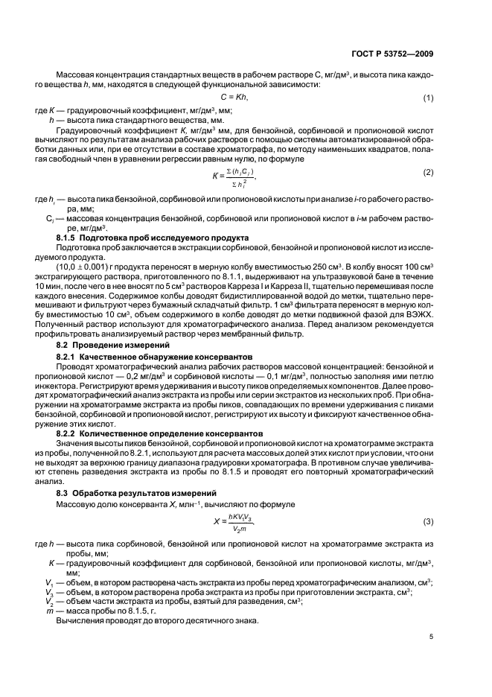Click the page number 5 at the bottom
click(432, 637)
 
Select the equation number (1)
click(429, 98)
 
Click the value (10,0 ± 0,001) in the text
click(86, 264)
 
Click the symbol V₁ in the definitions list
click(51, 581)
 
